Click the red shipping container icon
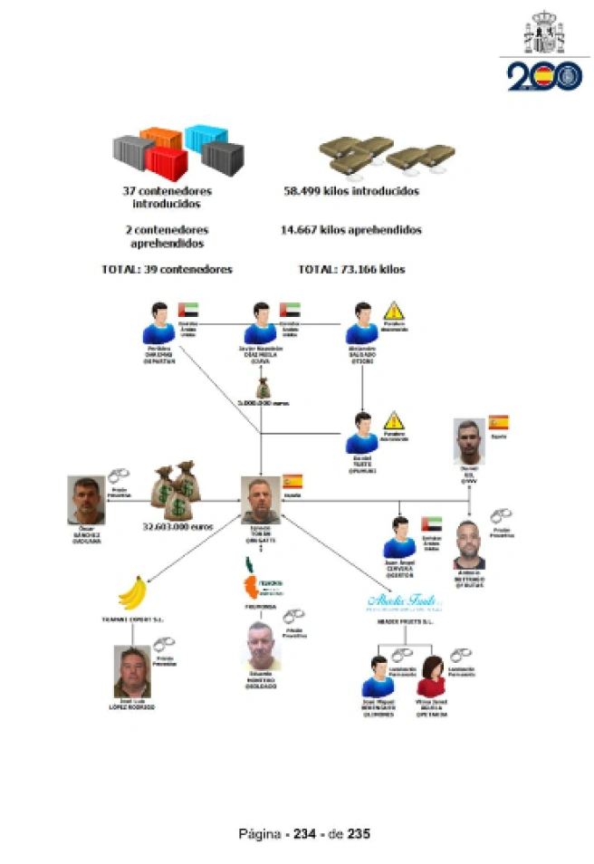tap(166, 165)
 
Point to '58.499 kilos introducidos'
tap(351, 192)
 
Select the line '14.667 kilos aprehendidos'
tap(351, 230)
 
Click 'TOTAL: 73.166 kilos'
tap(351, 269)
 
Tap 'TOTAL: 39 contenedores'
tap(168, 269)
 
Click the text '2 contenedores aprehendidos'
tap(167, 236)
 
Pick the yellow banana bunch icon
tap(133, 595)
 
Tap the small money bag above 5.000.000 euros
tap(262, 389)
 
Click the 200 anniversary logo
tap(544, 75)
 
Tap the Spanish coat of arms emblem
tap(544, 33)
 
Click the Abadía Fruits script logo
tap(403, 600)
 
